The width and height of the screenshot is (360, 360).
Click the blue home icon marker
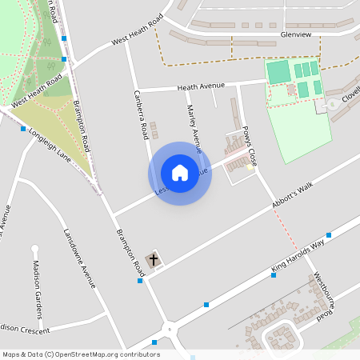[180, 173]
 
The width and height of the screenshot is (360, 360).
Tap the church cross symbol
[154, 260]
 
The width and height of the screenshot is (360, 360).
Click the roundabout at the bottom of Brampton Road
[169, 328]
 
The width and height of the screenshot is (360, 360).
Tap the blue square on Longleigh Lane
[22, 128]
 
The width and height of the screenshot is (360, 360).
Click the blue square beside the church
[140, 280]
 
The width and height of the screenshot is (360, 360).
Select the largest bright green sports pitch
[278, 72]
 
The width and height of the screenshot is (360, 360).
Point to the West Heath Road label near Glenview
[137, 30]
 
